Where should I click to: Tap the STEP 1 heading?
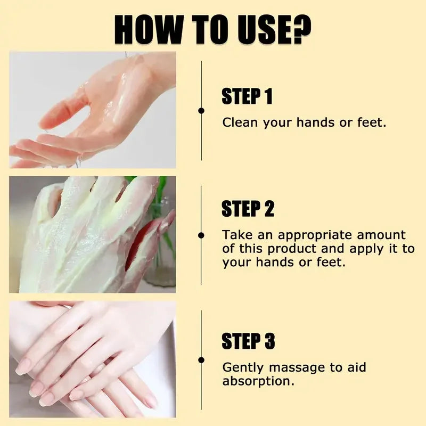[247, 97]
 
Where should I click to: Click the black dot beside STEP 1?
[201, 111]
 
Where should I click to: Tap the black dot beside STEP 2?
[201, 235]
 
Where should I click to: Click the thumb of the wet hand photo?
[64, 109]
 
